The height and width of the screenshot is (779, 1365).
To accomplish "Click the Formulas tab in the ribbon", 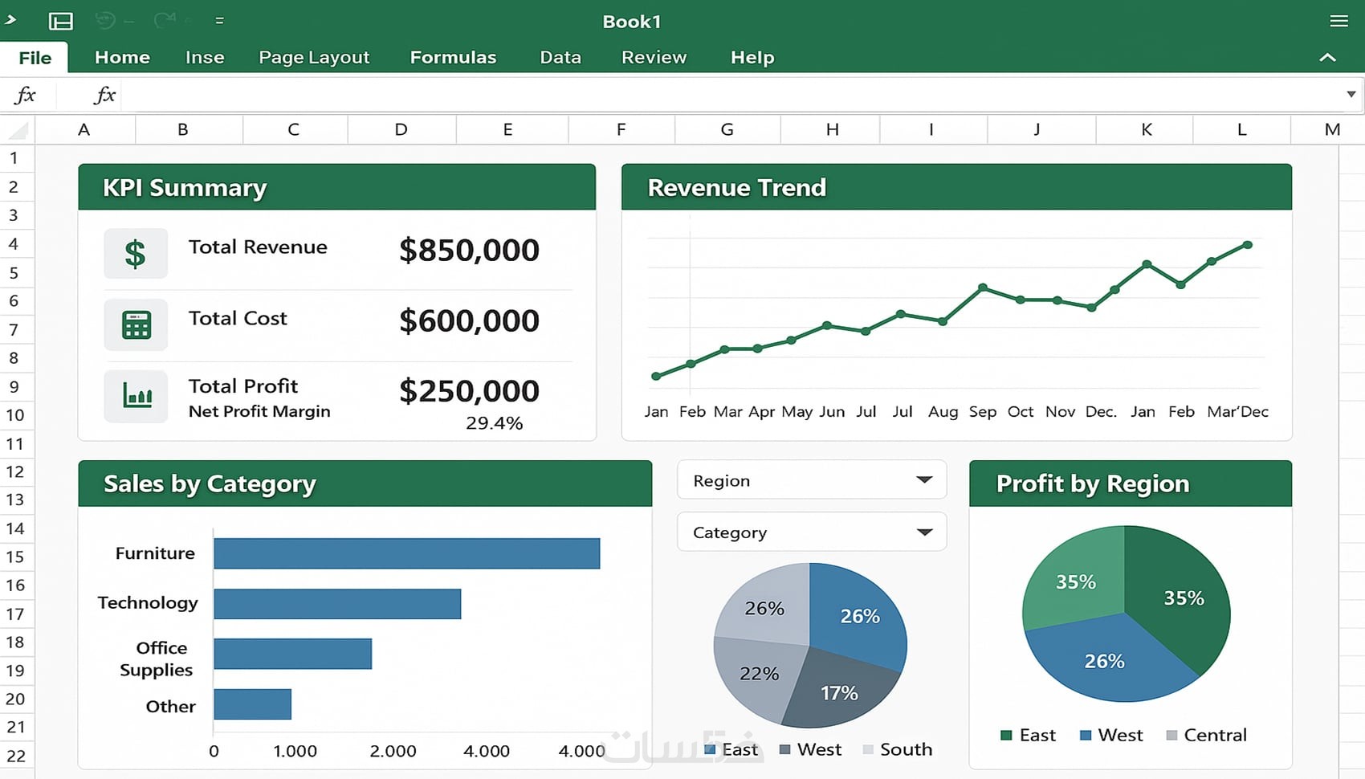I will pos(453,57).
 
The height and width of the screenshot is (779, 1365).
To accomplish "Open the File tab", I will pos(35,58).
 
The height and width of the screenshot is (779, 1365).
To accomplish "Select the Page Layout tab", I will pos(314,57).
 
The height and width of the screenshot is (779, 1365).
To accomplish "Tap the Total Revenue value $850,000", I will pos(469,250).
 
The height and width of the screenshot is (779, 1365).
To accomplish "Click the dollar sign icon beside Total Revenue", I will pos(136,254).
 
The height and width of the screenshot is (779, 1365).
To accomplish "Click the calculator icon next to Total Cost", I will pos(136,325).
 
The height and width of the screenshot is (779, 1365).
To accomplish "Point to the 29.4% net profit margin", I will pos(494,423).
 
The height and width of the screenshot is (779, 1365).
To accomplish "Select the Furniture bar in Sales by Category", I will pos(406,553).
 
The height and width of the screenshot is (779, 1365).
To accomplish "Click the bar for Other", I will pos(252,704).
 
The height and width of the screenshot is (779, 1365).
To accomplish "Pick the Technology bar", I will pos(337,604).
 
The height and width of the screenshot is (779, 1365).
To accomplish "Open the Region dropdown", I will pos(924,480).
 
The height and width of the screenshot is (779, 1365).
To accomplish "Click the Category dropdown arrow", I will pos(924,532).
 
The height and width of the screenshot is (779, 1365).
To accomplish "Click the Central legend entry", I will pos(1206,735).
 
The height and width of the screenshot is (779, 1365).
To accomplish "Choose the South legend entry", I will pos(898,749).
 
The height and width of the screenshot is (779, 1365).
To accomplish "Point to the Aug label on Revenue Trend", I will pos(943,412).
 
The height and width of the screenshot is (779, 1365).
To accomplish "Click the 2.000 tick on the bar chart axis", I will pos(393,751).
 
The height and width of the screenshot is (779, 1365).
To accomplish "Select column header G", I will pos(727,129).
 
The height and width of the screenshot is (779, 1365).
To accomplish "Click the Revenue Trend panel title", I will pos(736,187).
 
